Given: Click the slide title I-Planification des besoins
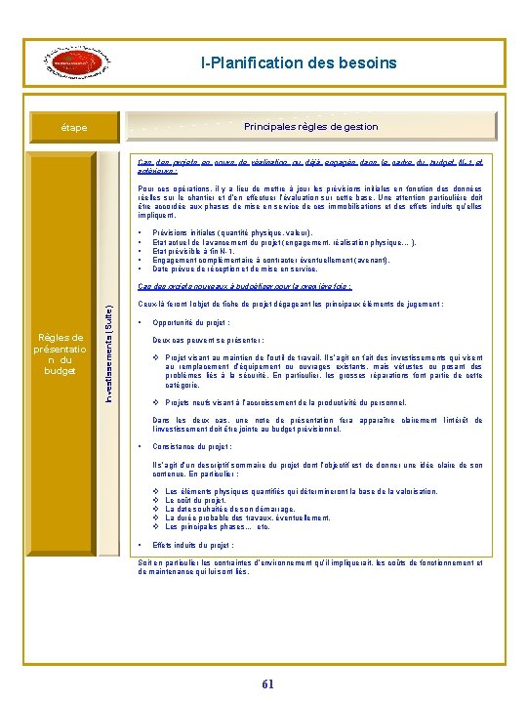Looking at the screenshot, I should pos(299,62).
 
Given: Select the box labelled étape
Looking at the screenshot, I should pos(71,128).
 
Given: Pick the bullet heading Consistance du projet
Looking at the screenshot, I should pos(195,446).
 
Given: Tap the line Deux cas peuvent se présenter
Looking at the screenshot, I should pos(204,341).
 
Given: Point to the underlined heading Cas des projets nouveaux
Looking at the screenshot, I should pos(245,287).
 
